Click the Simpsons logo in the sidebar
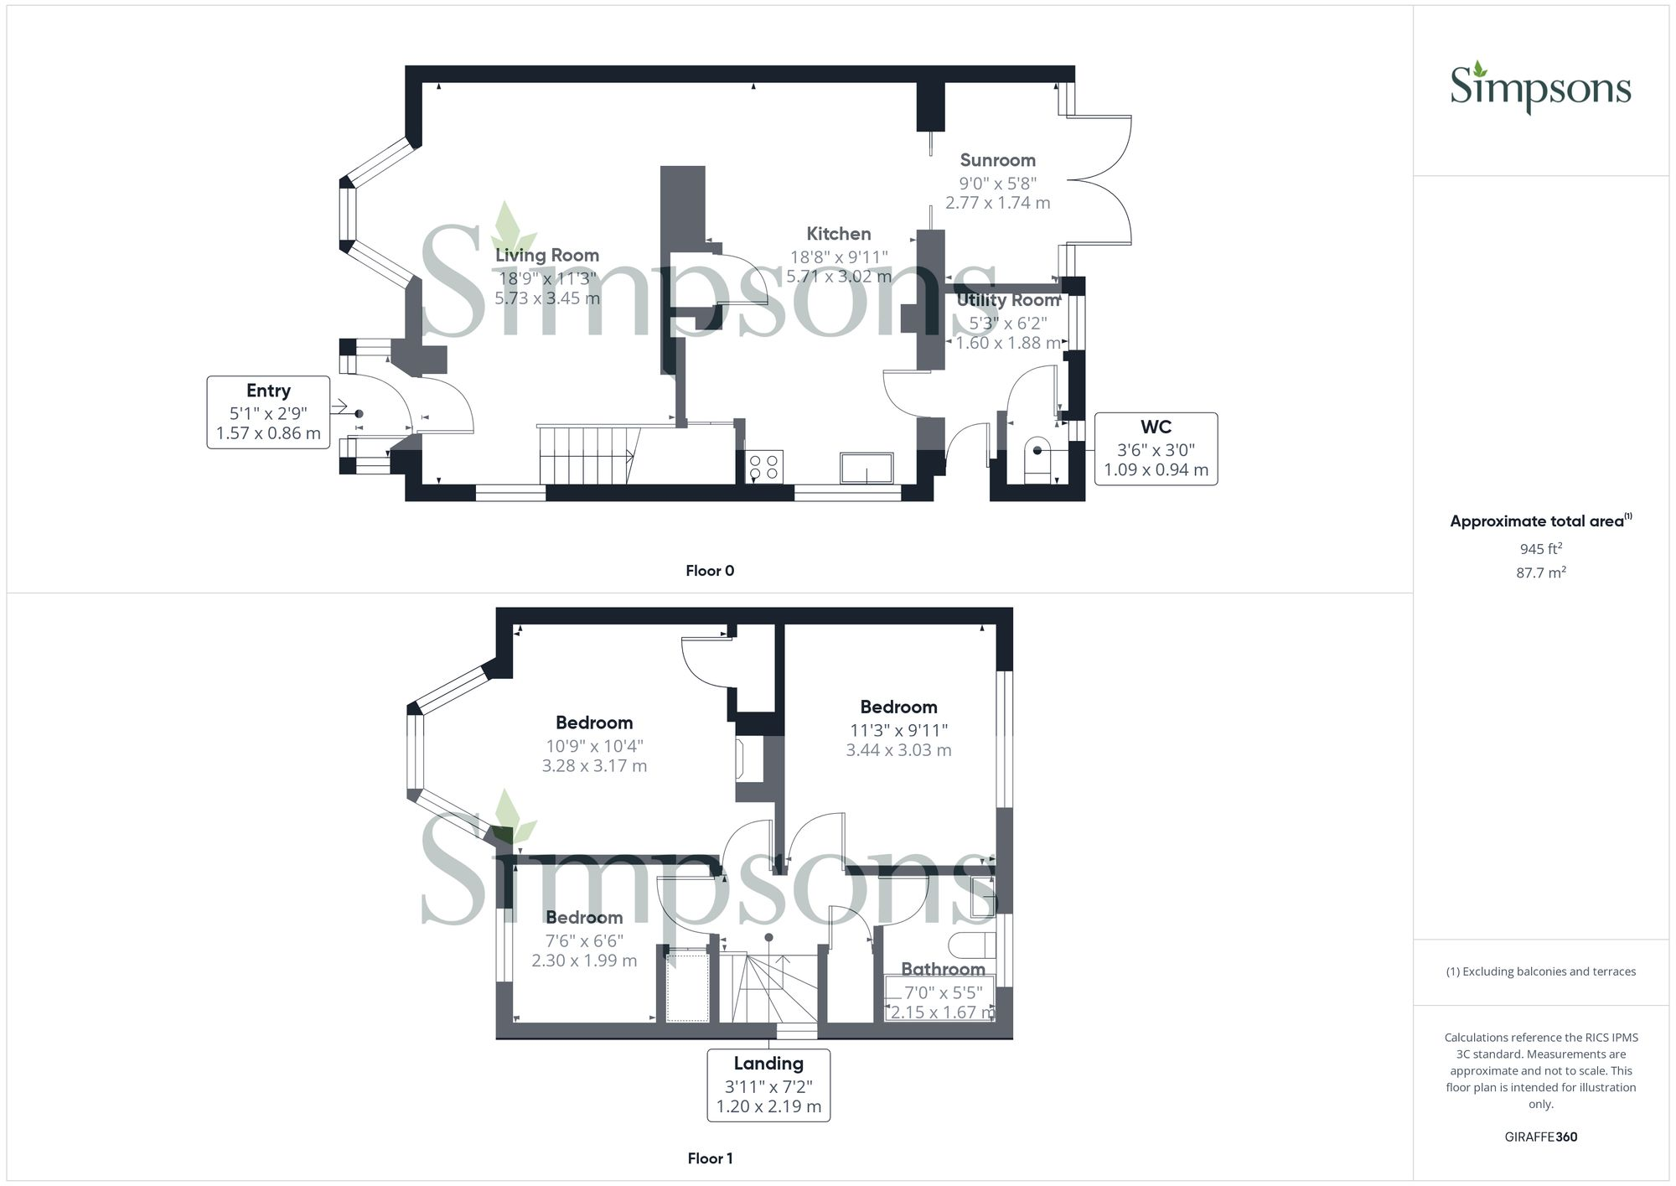[1540, 88]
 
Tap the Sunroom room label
[997, 160]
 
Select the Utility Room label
[1008, 300]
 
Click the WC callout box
[1156, 448]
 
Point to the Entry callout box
[268, 412]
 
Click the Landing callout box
[768, 1085]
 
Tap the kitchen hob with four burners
[763, 467]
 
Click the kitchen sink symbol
[866, 468]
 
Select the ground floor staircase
[587, 455]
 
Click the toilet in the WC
[1037, 458]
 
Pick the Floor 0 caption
[709, 571]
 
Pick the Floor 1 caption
[710, 1158]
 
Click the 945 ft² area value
[1540, 549]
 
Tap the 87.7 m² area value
[1540, 572]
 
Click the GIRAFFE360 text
[1540, 1137]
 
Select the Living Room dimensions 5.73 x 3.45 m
[546, 298]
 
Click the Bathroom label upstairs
[943, 970]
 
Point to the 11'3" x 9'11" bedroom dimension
[898, 730]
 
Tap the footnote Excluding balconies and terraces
[1540, 971]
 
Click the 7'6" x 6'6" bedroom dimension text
[584, 940]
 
